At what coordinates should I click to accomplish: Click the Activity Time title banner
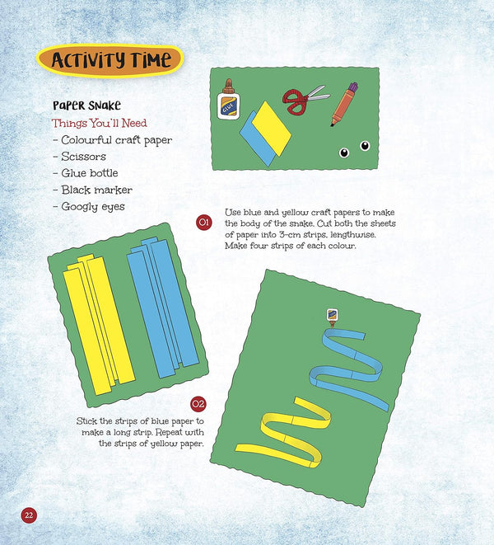110,60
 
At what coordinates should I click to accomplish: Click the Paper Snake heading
86,105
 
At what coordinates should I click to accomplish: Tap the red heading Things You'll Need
100,123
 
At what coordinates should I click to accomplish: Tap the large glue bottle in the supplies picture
228,100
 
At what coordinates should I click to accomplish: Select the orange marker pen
344,104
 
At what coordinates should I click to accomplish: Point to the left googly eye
344,153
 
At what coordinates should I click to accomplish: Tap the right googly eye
365,146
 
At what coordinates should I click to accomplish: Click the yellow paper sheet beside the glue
272,129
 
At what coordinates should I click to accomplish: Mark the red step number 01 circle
204,223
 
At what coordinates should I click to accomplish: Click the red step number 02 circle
198,404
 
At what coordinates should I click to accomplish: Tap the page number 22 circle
29,514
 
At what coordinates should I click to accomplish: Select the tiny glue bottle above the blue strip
333,317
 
